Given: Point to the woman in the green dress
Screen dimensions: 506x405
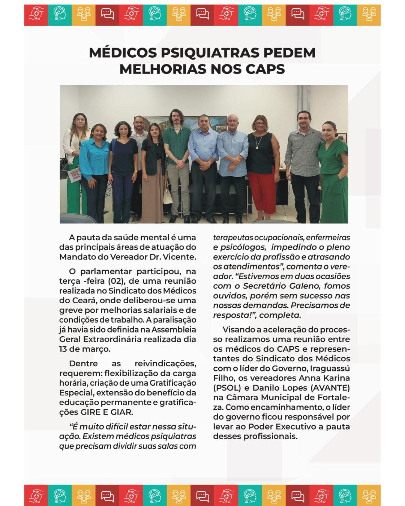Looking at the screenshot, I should pos(331,165).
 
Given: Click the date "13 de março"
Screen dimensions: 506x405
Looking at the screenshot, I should pos(85,349).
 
